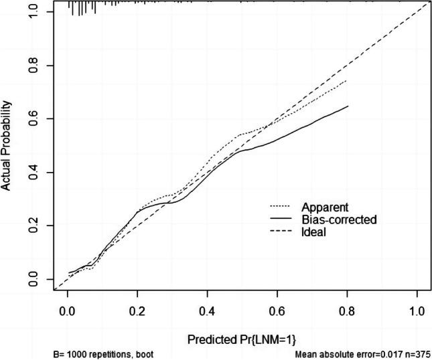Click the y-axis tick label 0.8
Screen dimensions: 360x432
[31, 66]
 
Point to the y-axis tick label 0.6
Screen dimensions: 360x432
[31, 119]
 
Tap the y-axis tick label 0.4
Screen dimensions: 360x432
[31, 173]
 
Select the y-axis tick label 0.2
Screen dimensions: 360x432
[31, 226]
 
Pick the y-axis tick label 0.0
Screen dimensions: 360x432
[31, 279]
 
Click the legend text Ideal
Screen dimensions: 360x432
[315, 232]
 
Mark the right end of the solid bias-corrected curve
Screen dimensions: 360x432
[348, 106]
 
